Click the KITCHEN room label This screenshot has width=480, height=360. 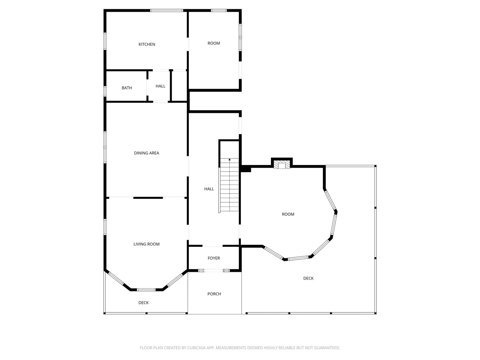pos(147,44)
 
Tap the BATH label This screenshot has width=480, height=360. pos(127,88)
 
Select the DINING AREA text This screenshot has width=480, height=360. pos(147,153)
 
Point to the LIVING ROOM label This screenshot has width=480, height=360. pos(147,244)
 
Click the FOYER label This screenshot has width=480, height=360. pos(214,258)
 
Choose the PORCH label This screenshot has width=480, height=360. pos(214,294)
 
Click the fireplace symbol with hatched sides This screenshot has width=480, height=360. pos(282,165)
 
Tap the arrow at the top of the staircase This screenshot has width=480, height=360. pos(229,160)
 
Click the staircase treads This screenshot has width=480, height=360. pos(229,185)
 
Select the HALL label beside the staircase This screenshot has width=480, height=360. pos(209,189)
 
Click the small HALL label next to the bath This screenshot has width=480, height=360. pos(161,86)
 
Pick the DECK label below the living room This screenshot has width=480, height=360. pos(143,303)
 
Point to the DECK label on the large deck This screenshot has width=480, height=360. pos(308,278)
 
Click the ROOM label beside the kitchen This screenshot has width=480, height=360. pos(214,43)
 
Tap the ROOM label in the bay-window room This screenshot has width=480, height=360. pos(288,214)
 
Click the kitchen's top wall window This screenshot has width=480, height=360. pos(167,10)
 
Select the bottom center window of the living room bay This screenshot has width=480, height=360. pos(146,290)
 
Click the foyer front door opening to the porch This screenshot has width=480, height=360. pos(214,271)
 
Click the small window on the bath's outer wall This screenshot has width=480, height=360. pos(105,91)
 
